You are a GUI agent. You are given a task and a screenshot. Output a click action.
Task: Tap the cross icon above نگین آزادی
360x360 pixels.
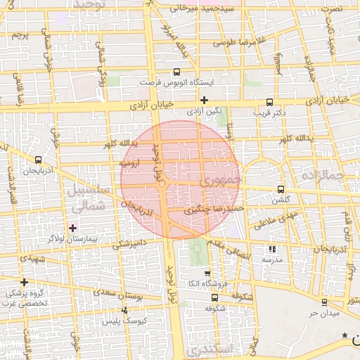205,100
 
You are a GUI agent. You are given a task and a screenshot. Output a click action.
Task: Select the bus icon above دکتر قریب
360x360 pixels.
271,101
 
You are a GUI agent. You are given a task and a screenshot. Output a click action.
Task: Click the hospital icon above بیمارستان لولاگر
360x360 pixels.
73,228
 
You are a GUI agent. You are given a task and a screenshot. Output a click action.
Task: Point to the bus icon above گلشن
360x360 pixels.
281,189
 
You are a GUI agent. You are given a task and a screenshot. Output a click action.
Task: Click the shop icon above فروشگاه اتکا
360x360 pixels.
207,274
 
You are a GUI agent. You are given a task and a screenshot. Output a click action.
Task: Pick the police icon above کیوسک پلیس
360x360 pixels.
125,310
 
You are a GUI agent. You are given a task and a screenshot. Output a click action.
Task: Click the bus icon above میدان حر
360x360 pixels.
323,302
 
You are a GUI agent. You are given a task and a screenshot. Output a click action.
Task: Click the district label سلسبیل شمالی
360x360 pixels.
87,198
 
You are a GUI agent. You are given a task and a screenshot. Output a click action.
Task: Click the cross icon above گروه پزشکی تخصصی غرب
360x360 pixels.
24,282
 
